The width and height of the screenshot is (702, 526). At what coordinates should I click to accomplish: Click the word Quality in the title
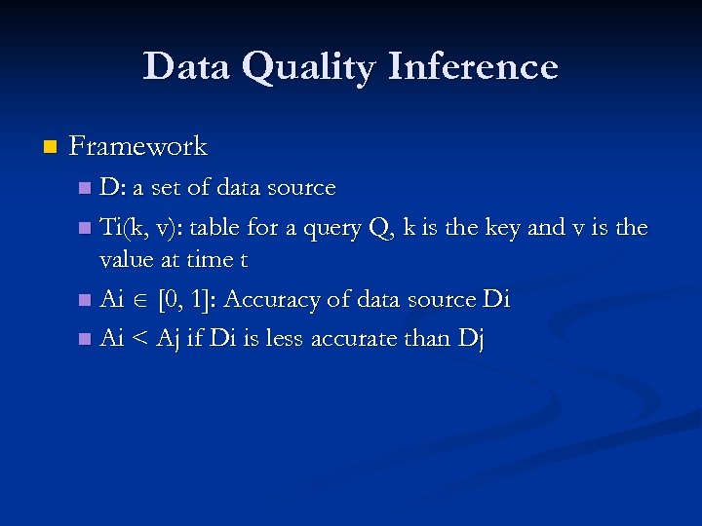(x=310, y=67)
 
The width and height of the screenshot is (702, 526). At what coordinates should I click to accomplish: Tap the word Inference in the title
(x=473, y=67)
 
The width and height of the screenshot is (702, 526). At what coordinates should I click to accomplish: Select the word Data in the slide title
(x=187, y=67)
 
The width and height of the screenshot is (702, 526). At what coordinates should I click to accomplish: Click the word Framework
(x=138, y=147)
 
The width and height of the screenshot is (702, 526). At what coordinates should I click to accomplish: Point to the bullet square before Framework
(x=51, y=148)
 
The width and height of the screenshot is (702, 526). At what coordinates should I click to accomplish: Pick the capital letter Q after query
(x=377, y=228)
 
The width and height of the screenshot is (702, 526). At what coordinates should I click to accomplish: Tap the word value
(x=129, y=260)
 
